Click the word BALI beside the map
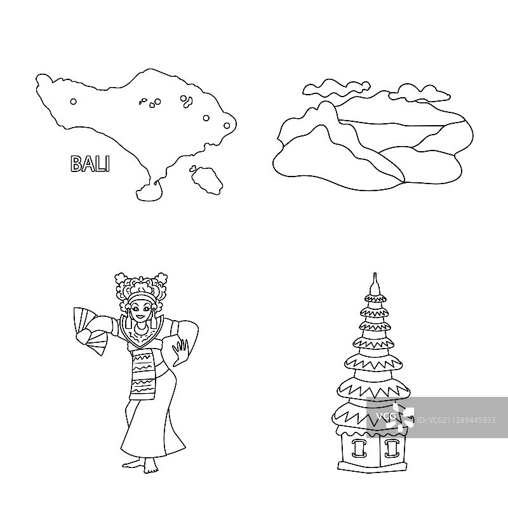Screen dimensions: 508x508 point(90,163)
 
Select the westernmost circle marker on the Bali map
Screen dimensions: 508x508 point(73,100)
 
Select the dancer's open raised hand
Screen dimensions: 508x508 point(182,351)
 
